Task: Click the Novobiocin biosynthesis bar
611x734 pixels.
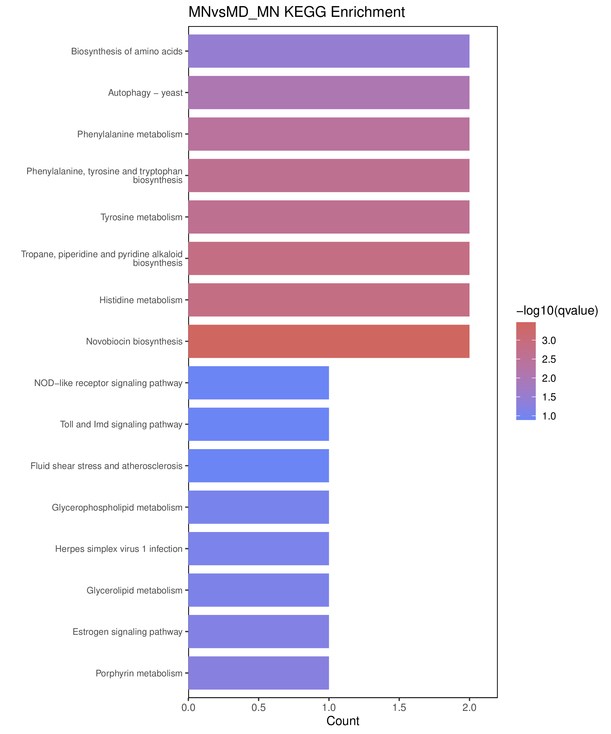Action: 329,341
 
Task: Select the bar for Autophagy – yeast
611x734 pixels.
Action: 329,93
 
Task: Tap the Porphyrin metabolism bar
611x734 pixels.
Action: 259,673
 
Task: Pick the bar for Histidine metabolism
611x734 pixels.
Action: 329,300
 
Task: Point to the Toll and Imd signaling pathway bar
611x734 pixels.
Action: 259,424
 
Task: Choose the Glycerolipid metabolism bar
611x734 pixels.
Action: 259,590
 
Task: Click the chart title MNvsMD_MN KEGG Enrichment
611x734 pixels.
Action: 297,12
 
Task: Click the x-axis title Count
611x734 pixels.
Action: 343,721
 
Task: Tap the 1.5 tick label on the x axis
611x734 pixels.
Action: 399,708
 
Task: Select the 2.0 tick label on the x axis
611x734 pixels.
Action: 469,708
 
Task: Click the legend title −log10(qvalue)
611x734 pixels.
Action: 557,310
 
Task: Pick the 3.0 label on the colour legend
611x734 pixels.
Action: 549,340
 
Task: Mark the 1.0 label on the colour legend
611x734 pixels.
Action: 549,416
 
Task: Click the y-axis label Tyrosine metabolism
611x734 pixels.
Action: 141,217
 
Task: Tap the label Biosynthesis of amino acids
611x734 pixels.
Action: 127,51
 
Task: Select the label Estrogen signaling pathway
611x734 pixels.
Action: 127,632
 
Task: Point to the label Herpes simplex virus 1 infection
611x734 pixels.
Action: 119,549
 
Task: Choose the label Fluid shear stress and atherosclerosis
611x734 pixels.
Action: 106,466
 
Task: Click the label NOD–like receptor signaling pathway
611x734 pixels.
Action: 108,383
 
